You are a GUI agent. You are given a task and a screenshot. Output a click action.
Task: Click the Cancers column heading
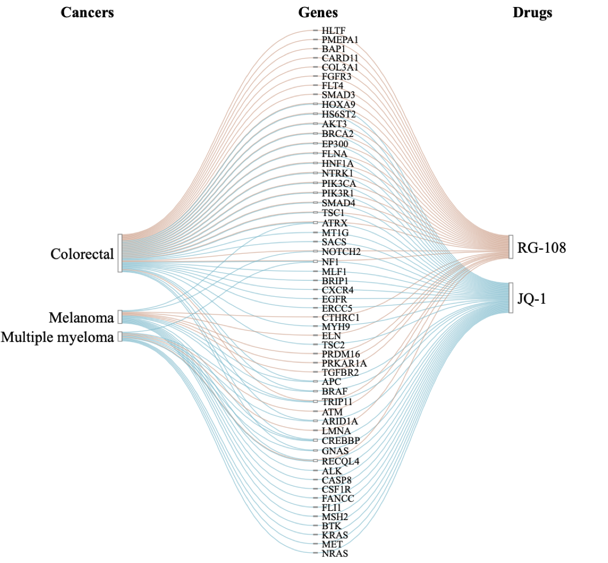87,13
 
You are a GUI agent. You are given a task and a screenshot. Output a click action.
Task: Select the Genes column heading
318,13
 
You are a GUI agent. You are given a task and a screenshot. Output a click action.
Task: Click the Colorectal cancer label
82,254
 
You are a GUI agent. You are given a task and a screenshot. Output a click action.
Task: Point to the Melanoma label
81,318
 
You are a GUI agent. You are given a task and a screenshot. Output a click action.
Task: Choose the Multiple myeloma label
58,337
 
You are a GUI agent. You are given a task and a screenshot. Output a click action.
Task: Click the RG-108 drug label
542,247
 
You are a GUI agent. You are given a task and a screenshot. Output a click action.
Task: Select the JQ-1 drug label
532,298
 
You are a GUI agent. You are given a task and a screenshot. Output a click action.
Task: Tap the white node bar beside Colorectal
120,253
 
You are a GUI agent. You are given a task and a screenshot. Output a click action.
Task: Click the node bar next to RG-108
511,247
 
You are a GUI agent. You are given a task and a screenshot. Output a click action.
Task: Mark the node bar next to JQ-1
511,298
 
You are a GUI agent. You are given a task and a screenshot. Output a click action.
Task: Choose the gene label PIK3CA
338,183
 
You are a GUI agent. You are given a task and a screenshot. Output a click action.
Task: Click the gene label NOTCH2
340,251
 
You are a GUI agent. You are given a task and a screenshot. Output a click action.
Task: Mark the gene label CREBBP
340,441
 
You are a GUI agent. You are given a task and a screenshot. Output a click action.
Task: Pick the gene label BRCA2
338,134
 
